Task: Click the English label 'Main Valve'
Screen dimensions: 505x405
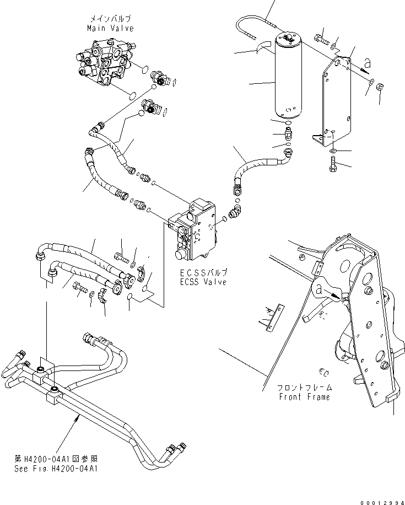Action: point(110,28)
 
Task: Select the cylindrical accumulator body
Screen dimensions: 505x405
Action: point(284,80)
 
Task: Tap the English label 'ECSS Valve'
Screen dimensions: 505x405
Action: point(204,282)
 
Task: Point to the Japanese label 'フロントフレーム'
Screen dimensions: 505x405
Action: point(304,388)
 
